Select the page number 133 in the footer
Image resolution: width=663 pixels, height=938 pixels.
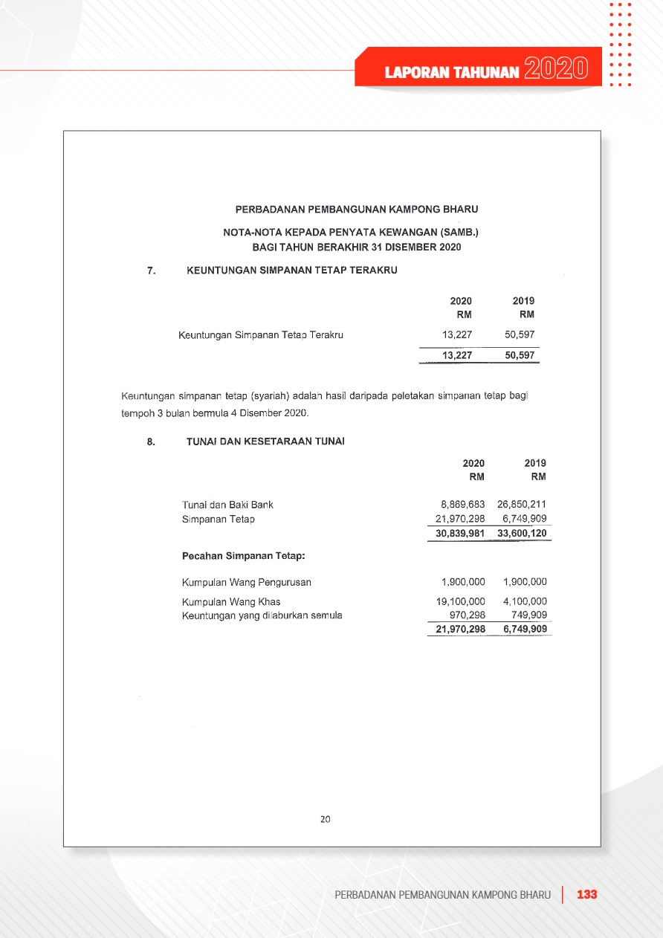(x=587, y=894)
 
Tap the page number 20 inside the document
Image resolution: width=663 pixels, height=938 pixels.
(x=325, y=819)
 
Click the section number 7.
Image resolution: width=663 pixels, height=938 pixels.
(x=151, y=271)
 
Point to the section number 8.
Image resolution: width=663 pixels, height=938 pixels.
(x=151, y=441)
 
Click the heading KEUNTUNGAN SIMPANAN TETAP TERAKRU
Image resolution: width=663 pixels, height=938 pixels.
(x=291, y=271)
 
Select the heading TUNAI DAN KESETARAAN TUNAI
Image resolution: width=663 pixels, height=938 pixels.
(x=265, y=441)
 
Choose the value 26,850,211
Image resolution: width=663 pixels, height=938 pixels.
(x=522, y=505)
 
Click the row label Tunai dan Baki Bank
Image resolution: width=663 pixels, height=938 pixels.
(x=227, y=505)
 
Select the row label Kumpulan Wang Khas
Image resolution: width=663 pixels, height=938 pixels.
(x=231, y=601)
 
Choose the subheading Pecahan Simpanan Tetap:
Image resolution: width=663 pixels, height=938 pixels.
(x=244, y=555)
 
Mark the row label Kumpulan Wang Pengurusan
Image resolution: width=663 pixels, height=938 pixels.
(x=247, y=582)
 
